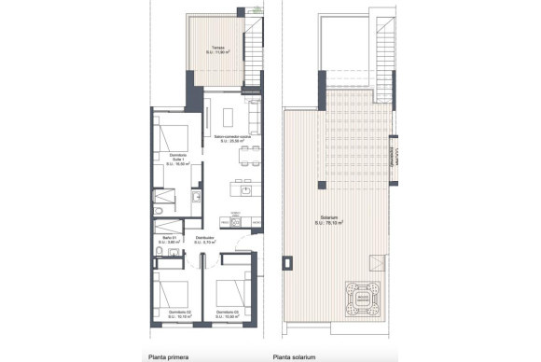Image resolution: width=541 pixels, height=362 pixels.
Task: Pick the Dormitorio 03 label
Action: click(x=225, y=313)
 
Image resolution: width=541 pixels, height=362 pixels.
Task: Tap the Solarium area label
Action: click(x=326, y=221)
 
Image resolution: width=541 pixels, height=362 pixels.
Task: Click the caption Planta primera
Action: click(x=169, y=355)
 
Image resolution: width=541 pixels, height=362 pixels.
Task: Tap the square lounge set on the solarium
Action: click(x=363, y=297)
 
